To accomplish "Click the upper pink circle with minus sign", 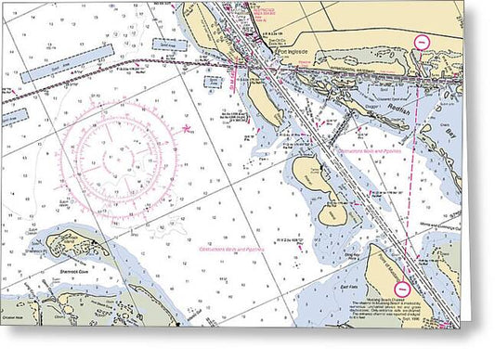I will pyautogui.click(x=422, y=42).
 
